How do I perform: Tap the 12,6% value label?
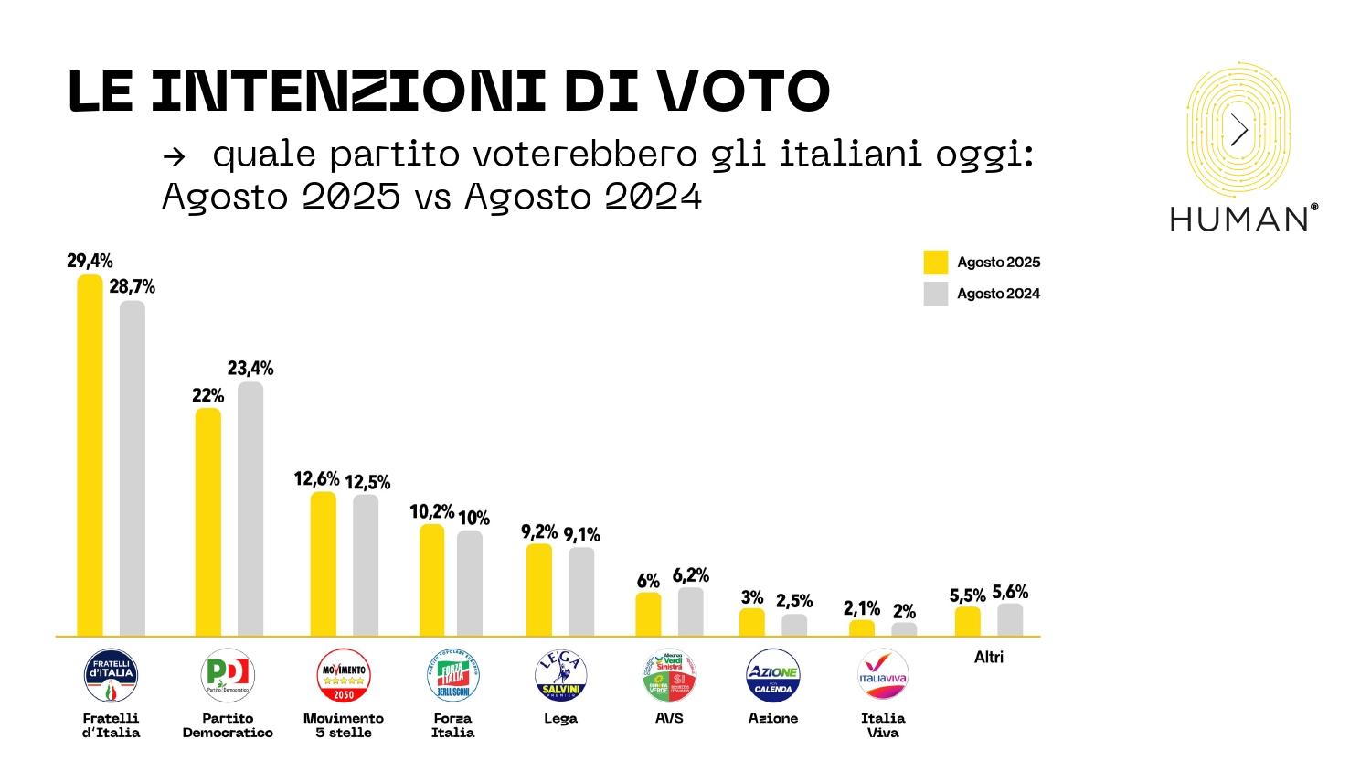[316, 479]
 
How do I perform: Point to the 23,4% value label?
[250, 369]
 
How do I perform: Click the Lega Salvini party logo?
[560, 676]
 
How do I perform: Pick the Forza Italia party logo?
[452, 676]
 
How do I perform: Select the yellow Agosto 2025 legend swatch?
[936, 263]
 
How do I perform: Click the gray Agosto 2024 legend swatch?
[936, 294]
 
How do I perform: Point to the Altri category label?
[989, 657]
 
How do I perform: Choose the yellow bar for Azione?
[752, 622]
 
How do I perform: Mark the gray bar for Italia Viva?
[904, 629]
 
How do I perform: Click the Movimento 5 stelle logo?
[343, 676]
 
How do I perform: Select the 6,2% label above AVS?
[691, 575]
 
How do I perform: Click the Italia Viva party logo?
[883, 676]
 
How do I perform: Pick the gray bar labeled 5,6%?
[1010, 619]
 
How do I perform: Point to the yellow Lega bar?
[539, 590]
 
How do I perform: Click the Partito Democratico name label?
[228, 725]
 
